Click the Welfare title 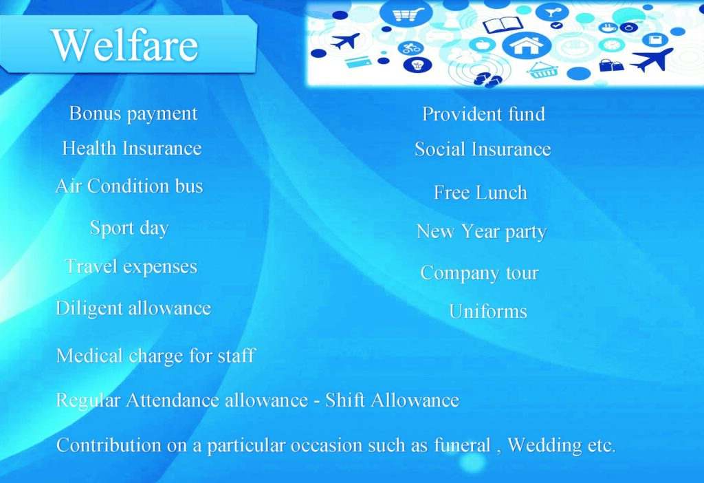coord(125,45)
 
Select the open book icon coord(502,25)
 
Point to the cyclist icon coord(410,47)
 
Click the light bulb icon coord(418,65)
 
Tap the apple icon coord(481,45)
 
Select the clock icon coord(611,45)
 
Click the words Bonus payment coord(133,114)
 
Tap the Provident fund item coord(483,114)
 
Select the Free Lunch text coord(481,192)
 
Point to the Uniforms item coord(488,311)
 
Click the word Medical coord(90,356)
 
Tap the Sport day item coord(129,228)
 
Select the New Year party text coord(481,233)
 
